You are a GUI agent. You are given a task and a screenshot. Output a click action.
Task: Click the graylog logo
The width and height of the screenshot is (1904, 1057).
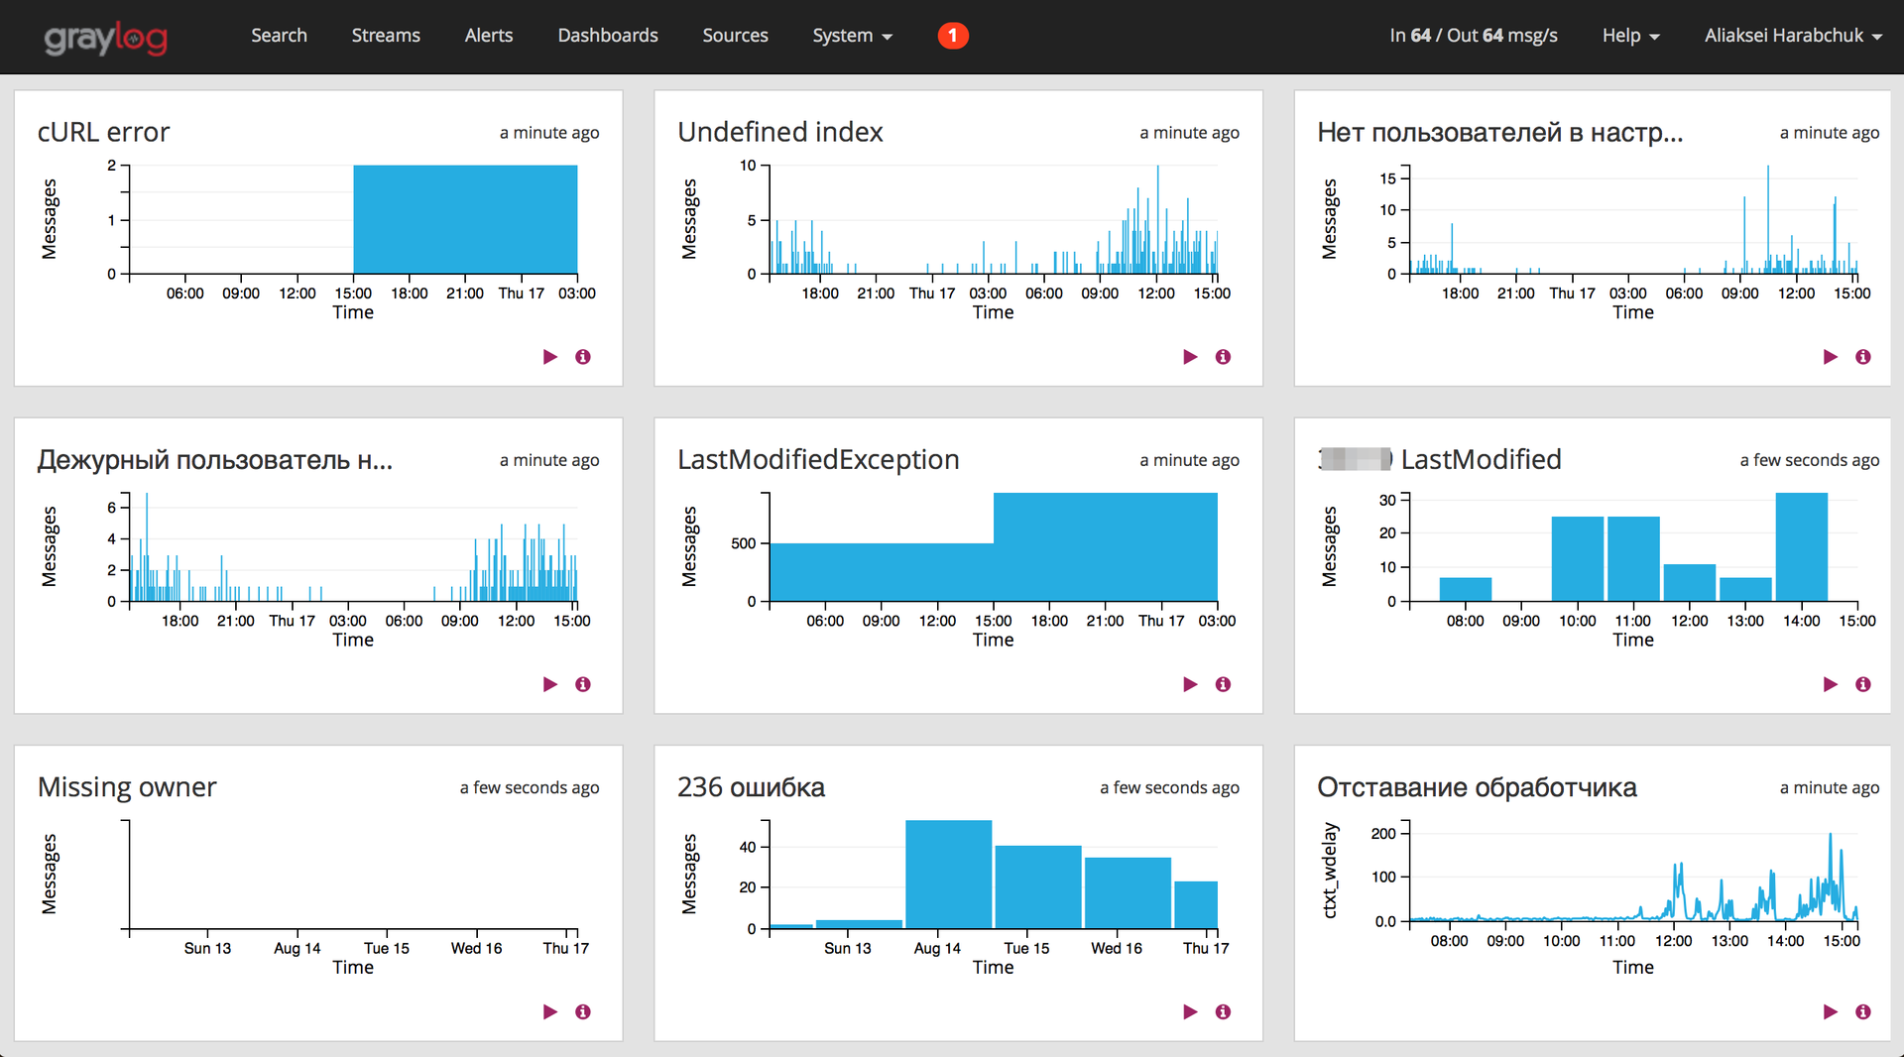105,38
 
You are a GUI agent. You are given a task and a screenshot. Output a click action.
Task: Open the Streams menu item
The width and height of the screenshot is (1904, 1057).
386,36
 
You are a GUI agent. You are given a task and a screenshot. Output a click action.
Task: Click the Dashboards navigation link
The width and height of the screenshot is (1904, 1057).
607,36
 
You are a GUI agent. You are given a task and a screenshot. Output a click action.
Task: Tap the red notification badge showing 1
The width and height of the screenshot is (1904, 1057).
952,36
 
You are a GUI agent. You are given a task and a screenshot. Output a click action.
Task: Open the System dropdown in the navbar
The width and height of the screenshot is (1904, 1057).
852,36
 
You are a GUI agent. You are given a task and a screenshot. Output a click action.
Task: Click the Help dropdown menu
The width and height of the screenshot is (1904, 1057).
1629,36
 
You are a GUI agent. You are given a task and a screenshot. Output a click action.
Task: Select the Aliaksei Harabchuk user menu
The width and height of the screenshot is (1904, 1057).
1792,36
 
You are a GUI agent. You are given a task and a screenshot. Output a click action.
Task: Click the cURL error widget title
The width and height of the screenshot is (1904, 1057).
104,132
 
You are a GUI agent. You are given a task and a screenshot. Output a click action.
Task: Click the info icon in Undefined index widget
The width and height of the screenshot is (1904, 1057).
1223,357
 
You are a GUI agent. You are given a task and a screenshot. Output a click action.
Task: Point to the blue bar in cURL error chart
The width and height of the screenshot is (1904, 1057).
465,219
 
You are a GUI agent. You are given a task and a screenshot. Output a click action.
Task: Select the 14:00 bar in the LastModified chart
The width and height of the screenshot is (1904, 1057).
1801,546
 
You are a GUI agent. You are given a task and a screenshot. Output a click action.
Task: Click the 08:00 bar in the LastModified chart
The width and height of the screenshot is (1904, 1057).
1465,589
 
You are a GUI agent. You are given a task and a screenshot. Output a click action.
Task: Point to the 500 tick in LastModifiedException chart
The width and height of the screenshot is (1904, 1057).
744,543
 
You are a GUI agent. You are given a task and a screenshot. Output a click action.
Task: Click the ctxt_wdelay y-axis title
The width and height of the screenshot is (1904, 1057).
1330,870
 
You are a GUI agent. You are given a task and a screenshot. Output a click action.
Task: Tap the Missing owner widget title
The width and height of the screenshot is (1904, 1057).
127,787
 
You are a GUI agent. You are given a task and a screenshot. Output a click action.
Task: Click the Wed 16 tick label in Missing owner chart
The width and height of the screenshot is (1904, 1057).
476,948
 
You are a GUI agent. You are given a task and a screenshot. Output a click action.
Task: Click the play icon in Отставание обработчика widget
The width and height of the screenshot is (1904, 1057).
1830,1011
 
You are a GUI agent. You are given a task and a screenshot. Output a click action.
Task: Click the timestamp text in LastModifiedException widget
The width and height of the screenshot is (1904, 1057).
1189,460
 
